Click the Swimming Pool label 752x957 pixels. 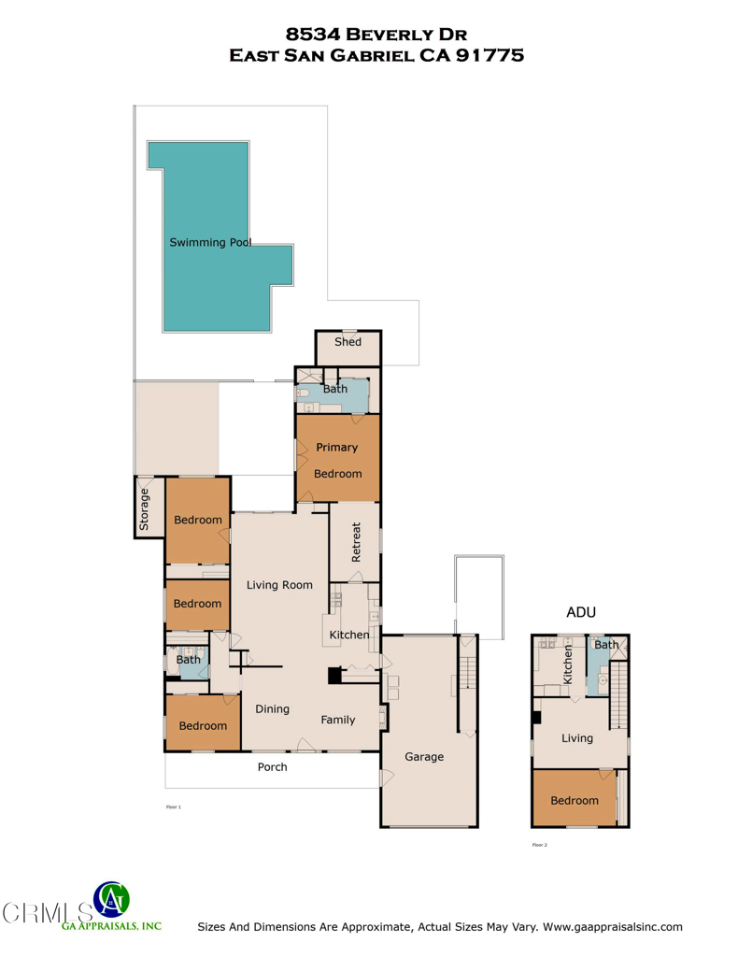(210, 242)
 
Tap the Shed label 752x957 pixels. (348, 342)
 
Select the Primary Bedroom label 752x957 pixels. (337, 460)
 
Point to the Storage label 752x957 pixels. (144, 509)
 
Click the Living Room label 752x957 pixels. (278, 585)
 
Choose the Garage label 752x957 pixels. (424, 757)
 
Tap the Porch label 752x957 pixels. (273, 767)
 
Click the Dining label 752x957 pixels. (272, 709)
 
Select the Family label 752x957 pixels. (338, 721)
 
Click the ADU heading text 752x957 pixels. (581, 612)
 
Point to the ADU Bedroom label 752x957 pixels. (574, 801)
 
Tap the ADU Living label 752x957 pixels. (577, 738)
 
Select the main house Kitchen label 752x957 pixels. (349, 636)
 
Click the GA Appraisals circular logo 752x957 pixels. (112, 900)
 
